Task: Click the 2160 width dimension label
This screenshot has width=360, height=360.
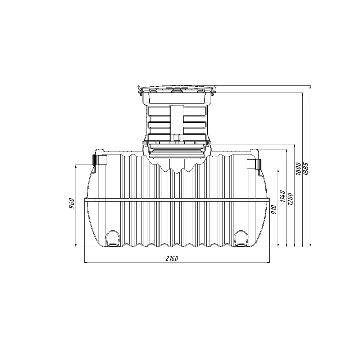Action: pos(172,258)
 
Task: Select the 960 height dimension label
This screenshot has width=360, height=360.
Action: pos(72,203)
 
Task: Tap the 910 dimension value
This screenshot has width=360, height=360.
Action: pos(274,210)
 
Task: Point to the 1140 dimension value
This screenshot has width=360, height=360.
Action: pos(282,196)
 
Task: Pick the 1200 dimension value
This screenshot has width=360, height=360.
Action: pos(290,199)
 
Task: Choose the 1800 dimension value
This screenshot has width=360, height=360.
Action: pos(298,169)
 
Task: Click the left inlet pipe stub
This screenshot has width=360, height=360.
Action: pos(100,160)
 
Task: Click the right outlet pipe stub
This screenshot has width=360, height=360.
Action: pos(254,164)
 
